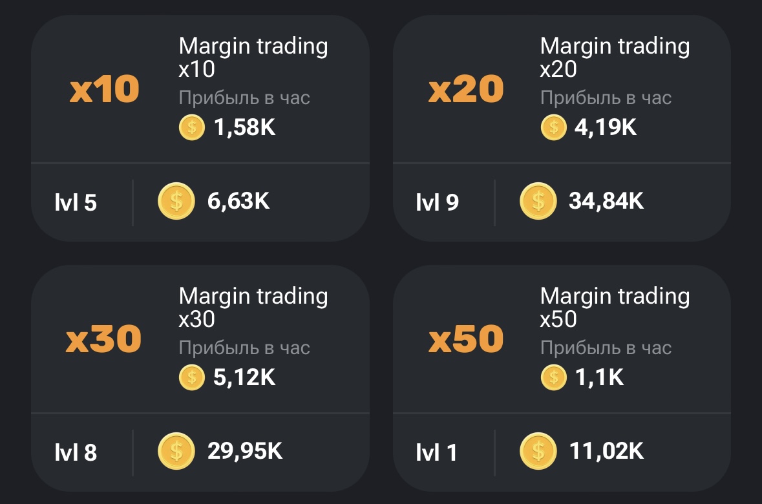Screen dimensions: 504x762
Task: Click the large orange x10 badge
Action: [x=104, y=89]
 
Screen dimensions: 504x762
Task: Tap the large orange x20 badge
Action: [x=465, y=89]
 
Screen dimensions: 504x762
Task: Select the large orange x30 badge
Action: [x=103, y=339]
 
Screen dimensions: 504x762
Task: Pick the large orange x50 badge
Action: [x=465, y=339]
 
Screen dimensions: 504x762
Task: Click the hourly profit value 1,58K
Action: [x=244, y=127]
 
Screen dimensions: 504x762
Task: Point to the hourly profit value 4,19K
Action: [x=606, y=127]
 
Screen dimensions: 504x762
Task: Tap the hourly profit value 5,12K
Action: [x=244, y=377]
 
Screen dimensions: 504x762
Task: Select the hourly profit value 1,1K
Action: [x=599, y=377]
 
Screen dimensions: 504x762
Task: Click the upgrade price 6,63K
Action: [x=238, y=202]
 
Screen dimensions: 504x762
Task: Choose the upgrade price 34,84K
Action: [x=606, y=202]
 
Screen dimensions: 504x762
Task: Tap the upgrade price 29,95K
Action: [x=245, y=451]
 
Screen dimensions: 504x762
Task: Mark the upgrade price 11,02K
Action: [x=606, y=451]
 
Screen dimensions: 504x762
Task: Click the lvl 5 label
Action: [x=76, y=203]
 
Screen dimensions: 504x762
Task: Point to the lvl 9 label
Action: [x=437, y=203]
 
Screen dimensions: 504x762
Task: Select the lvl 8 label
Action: [x=76, y=452]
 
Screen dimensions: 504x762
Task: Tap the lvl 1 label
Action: [x=436, y=452]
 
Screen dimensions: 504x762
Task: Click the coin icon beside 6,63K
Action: [x=176, y=202]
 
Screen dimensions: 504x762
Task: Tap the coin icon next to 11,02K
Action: [x=538, y=451]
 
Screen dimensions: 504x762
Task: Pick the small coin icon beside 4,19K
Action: [x=553, y=127]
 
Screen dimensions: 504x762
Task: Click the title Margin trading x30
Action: [x=253, y=307]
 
